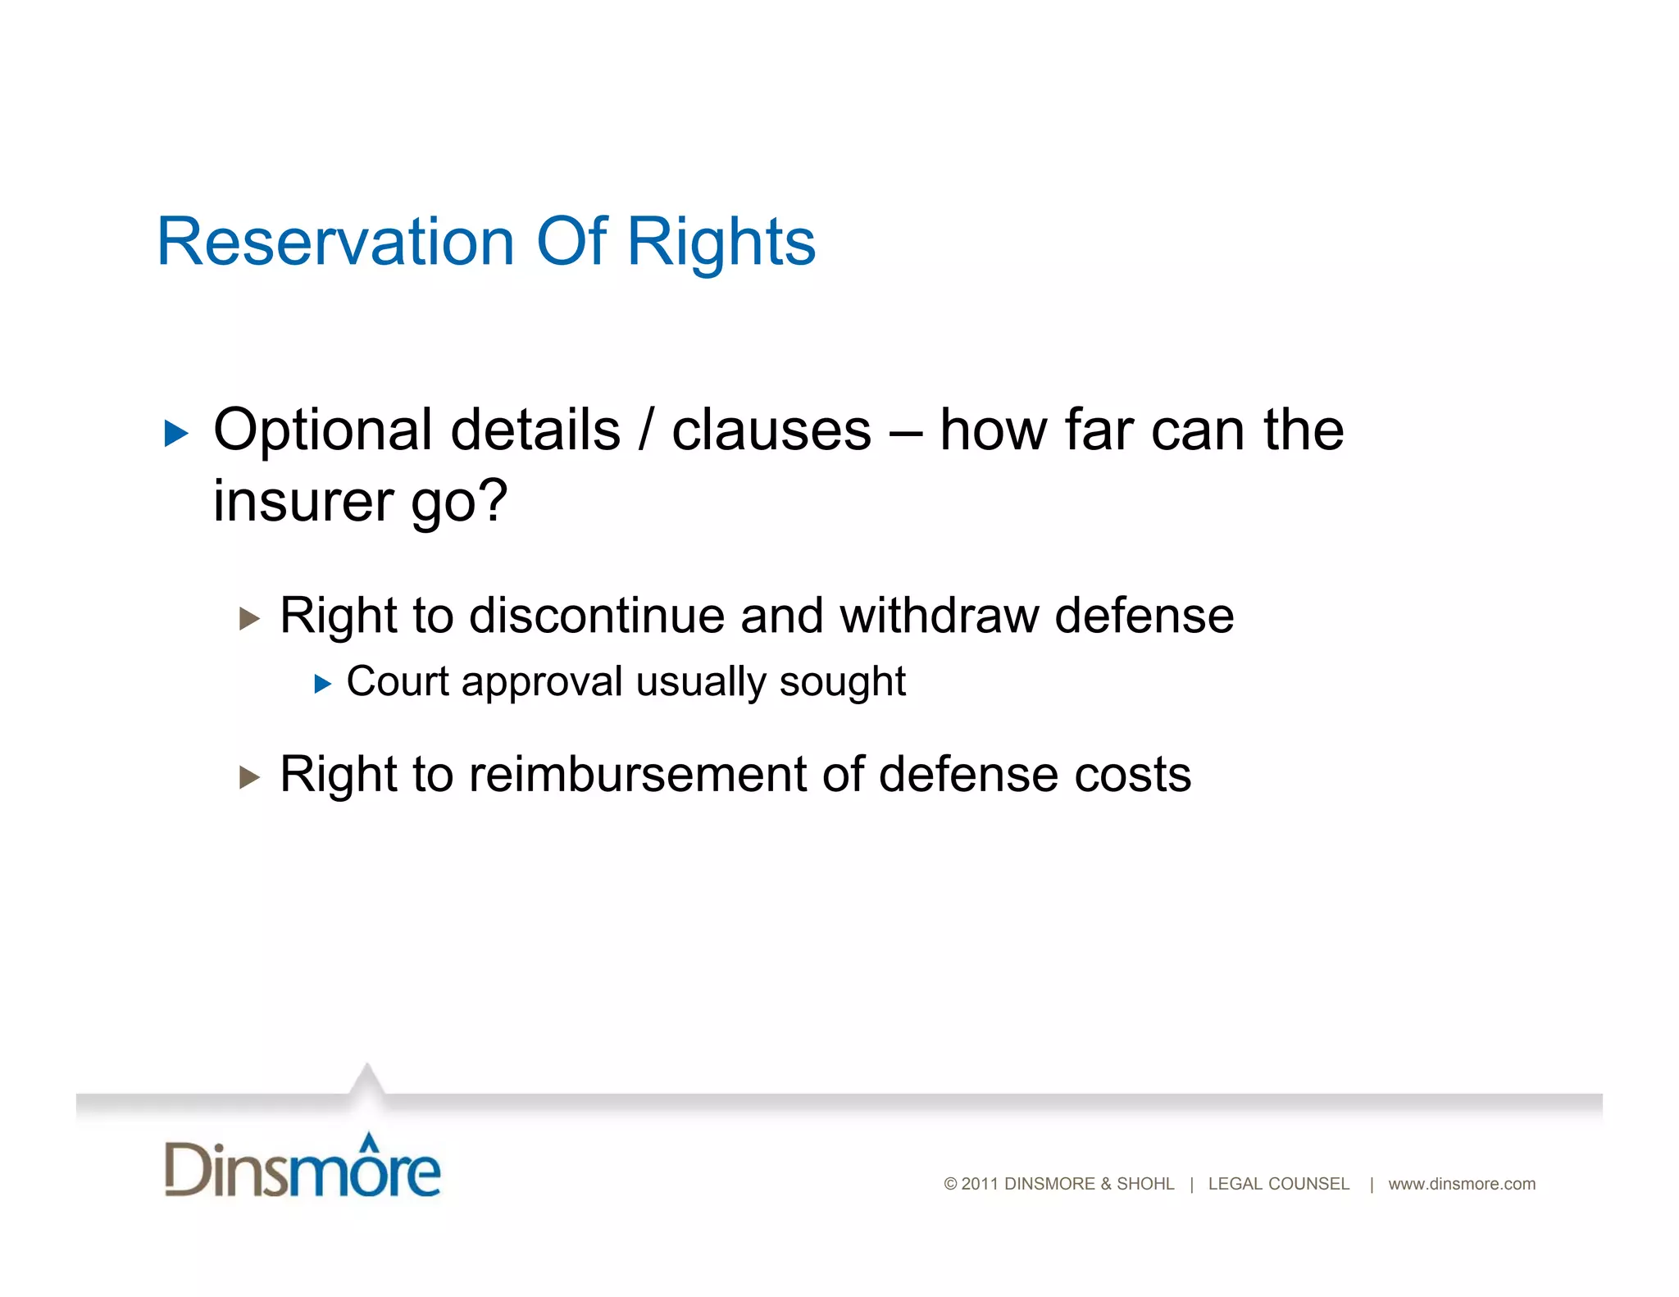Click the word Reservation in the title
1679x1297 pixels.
[334, 242]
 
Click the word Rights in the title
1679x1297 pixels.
[721, 242]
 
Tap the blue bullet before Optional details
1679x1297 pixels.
[175, 433]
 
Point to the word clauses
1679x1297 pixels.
[771, 430]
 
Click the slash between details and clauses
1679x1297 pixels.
[646, 430]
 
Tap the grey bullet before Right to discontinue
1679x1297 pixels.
[249, 618]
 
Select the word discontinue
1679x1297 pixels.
[596, 616]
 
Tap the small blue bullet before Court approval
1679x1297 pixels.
[322, 684]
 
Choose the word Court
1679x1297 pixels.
[398, 681]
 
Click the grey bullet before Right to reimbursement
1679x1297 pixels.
[249, 776]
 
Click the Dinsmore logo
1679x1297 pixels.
[303, 1166]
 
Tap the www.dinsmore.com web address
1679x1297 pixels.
[1461, 1184]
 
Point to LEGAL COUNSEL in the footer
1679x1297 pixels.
[1278, 1184]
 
